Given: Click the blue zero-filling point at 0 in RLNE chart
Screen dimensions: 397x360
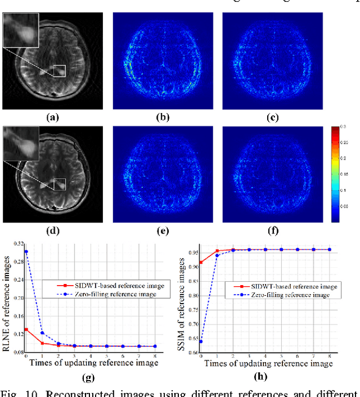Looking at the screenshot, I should [26, 251].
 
